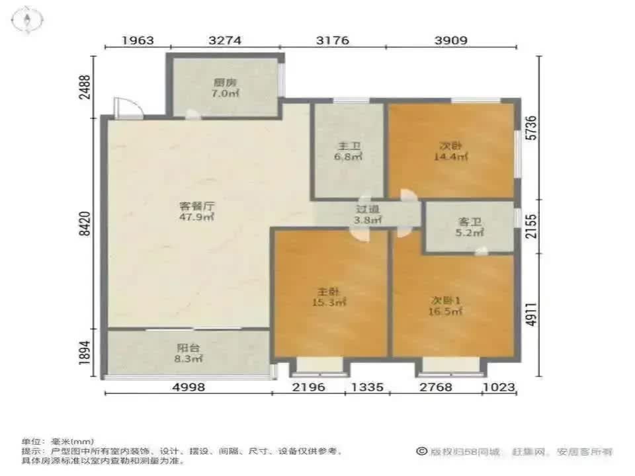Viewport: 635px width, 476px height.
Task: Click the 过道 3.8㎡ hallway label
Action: (368, 215)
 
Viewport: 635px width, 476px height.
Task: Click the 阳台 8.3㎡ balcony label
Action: (189, 353)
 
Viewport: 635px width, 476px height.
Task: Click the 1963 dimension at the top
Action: (138, 40)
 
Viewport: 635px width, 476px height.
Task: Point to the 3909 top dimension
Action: (451, 40)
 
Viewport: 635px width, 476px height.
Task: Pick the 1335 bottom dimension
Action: (367, 387)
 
